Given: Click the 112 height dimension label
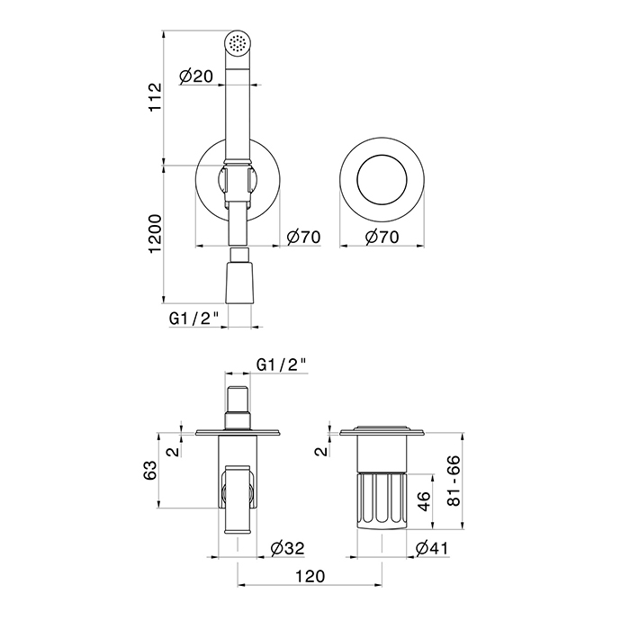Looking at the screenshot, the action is [x=155, y=97].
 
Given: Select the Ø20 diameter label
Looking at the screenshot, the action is [x=195, y=76].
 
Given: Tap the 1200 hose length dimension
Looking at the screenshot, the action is [x=155, y=233].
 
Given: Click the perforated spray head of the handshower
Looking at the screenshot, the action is [x=237, y=42].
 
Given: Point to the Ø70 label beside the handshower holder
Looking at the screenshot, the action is [x=304, y=237].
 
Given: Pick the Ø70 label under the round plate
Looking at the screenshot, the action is [x=382, y=237].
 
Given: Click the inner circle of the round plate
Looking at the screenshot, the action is [x=382, y=155].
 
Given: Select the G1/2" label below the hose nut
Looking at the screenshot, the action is [x=194, y=319].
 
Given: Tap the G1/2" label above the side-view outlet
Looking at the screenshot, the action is [x=282, y=364].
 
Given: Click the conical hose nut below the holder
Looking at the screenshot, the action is [x=240, y=283].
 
